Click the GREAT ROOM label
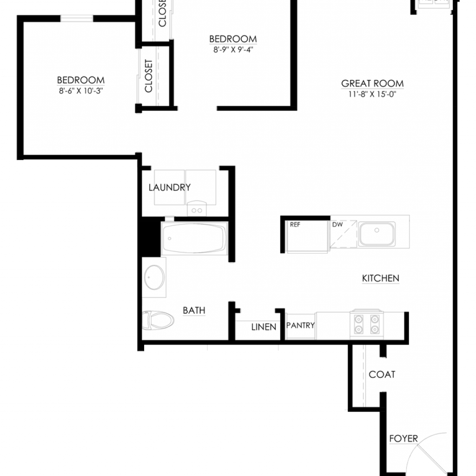pos(372,84)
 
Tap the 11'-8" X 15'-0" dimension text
pos(372,94)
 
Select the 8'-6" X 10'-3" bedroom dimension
pos(81,91)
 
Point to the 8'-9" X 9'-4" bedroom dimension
pos(233,49)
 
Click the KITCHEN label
pos(381,278)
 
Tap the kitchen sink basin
pos(377,234)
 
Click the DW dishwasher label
pos(337,225)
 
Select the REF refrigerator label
pos(295,225)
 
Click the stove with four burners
pos(367,324)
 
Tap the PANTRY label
pos(301,325)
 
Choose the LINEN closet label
pos(264,327)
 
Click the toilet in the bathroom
pos(158,320)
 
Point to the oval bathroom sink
pos(154,277)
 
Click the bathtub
pos(194,238)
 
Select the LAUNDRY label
pos(170,188)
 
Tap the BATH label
pos(194,311)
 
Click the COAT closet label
pos(382,375)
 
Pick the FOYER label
pos(403,439)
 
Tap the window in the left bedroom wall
pos(77,19)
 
